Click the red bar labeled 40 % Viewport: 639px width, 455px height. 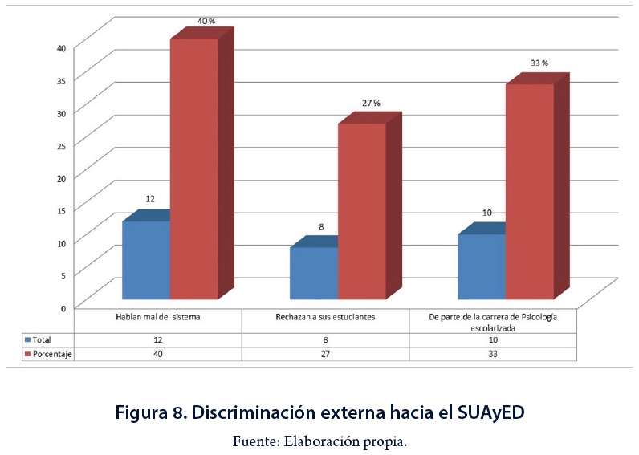(x=193, y=169)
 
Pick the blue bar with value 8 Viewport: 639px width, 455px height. (x=313, y=272)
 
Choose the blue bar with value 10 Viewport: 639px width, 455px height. (x=481, y=266)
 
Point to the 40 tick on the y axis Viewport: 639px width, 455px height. (x=61, y=47)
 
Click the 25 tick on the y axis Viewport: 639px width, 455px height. (x=61, y=144)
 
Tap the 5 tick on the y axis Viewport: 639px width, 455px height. (x=63, y=274)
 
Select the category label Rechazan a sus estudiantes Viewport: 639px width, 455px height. (x=325, y=317)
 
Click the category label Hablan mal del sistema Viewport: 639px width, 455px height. (x=158, y=317)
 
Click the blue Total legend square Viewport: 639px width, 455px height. (x=26, y=339)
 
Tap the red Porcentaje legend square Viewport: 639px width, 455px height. (x=26, y=354)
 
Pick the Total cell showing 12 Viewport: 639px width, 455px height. (x=158, y=339)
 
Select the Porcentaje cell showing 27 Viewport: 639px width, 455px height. (x=325, y=354)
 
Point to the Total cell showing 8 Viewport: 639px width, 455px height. (x=325, y=339)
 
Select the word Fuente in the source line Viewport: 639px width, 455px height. (x=254, y=441)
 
